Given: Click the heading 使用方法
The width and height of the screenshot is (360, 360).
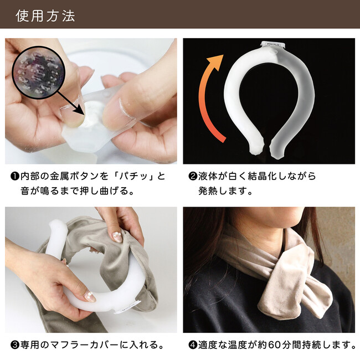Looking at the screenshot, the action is (x=45, y=16).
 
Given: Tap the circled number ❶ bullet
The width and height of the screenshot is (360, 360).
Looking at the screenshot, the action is (x=14, y=176).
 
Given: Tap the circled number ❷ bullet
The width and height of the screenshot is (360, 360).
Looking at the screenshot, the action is (x=192, y=176).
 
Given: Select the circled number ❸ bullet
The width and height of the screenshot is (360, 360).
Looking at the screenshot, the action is (x=14, y=344).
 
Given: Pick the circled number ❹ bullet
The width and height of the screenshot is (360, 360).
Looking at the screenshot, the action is (x=192, y=344).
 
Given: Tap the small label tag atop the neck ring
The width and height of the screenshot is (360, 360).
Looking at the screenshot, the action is (x=272, y=44).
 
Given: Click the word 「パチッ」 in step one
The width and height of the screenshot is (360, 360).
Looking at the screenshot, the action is (x=135, y=176).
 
